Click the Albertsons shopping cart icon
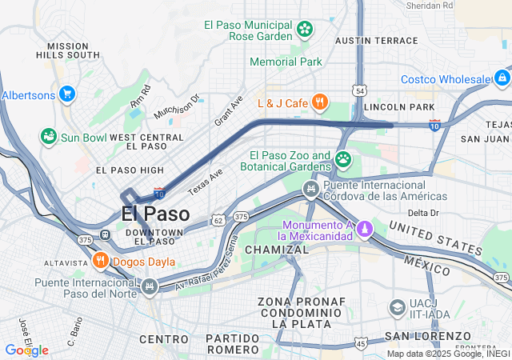tap(66, 94)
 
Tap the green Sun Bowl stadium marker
tap(49, 137)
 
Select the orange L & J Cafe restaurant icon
tap(320, 102)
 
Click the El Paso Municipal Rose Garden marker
tap(305, 30)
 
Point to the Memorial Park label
tap(286, 62)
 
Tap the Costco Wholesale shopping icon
tap(502, 78)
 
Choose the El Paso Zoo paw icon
tap(343, 158)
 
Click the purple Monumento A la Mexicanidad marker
tap(365, 230)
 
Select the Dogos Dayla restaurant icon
tap(100, 260)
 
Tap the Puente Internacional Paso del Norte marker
tap(149, 286)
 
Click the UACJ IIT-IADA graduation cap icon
tap(398, 308)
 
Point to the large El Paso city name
tap(156, 214)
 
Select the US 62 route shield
tap(218, 219)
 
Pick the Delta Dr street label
tap(423, 213)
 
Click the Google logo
tap(26, 350)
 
